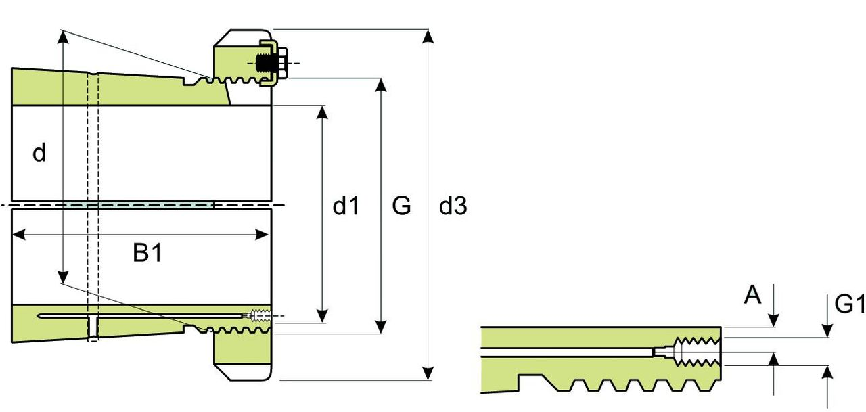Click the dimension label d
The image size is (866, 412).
(x=40, y=154)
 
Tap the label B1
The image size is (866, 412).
(x=147, y=254)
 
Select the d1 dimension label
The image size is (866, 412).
(x=346, y=206)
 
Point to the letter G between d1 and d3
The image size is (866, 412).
(x=401, y=206)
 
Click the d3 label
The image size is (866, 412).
(x=453, y=206)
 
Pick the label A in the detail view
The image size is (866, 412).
(x=752, y=295)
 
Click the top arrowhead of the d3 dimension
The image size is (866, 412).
(x=428, y=36)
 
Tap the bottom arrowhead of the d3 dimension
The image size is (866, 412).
(x=428, y=373)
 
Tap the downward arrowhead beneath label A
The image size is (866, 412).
(x=775, y=321)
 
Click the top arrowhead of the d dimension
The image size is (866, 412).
(x=62, y=37)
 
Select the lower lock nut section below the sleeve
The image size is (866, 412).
(x=242, y=357)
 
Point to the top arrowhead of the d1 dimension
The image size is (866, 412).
(x=323, y=112)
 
